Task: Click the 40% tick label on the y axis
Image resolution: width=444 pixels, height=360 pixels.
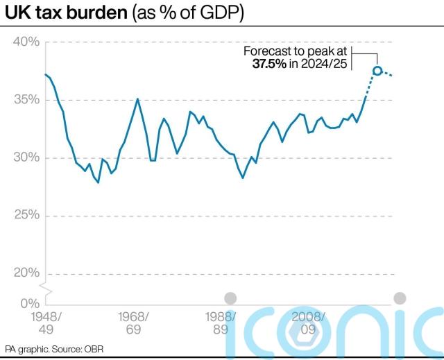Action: [26, 42]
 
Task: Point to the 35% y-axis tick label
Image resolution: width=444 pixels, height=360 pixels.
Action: [26, 100]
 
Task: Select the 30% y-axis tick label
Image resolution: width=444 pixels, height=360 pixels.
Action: [26, 157]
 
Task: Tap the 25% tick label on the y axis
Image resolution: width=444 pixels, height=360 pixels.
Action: [26, 215]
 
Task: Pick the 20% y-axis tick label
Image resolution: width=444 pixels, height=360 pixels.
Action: [26, 273]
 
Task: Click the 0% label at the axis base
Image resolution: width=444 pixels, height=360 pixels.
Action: [30, 303]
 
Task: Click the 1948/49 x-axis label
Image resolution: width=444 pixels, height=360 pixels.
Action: [46, 323]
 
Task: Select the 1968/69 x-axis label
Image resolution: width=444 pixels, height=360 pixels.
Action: [134, 323]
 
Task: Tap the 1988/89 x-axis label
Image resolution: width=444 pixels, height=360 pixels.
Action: [221, 323]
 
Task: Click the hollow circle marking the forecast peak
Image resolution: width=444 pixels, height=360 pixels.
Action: [377, 71]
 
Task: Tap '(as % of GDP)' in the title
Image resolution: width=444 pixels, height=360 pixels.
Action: [182, 13]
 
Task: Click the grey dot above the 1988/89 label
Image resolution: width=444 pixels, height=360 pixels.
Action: [231, 298]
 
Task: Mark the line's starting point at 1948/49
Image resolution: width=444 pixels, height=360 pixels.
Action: [46, 74]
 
